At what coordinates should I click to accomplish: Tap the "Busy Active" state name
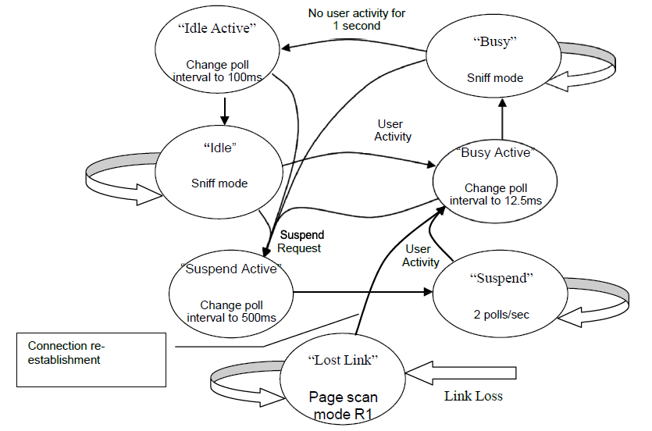point(495,152)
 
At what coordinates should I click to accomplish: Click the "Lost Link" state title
point(344,360)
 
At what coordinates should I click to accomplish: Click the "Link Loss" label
point(473,396)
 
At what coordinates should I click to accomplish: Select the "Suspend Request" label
point(301,241)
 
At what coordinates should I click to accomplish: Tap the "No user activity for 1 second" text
point(356,20)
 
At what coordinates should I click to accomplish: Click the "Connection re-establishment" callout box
point(91,359)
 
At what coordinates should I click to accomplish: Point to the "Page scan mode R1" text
point(344,405)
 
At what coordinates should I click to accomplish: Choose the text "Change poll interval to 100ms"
point(223,72)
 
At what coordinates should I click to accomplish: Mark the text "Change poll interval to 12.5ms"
point(495,194)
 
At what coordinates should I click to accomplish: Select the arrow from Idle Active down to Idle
point(224,110)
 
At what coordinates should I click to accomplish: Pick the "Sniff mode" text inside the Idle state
point(219,183)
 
